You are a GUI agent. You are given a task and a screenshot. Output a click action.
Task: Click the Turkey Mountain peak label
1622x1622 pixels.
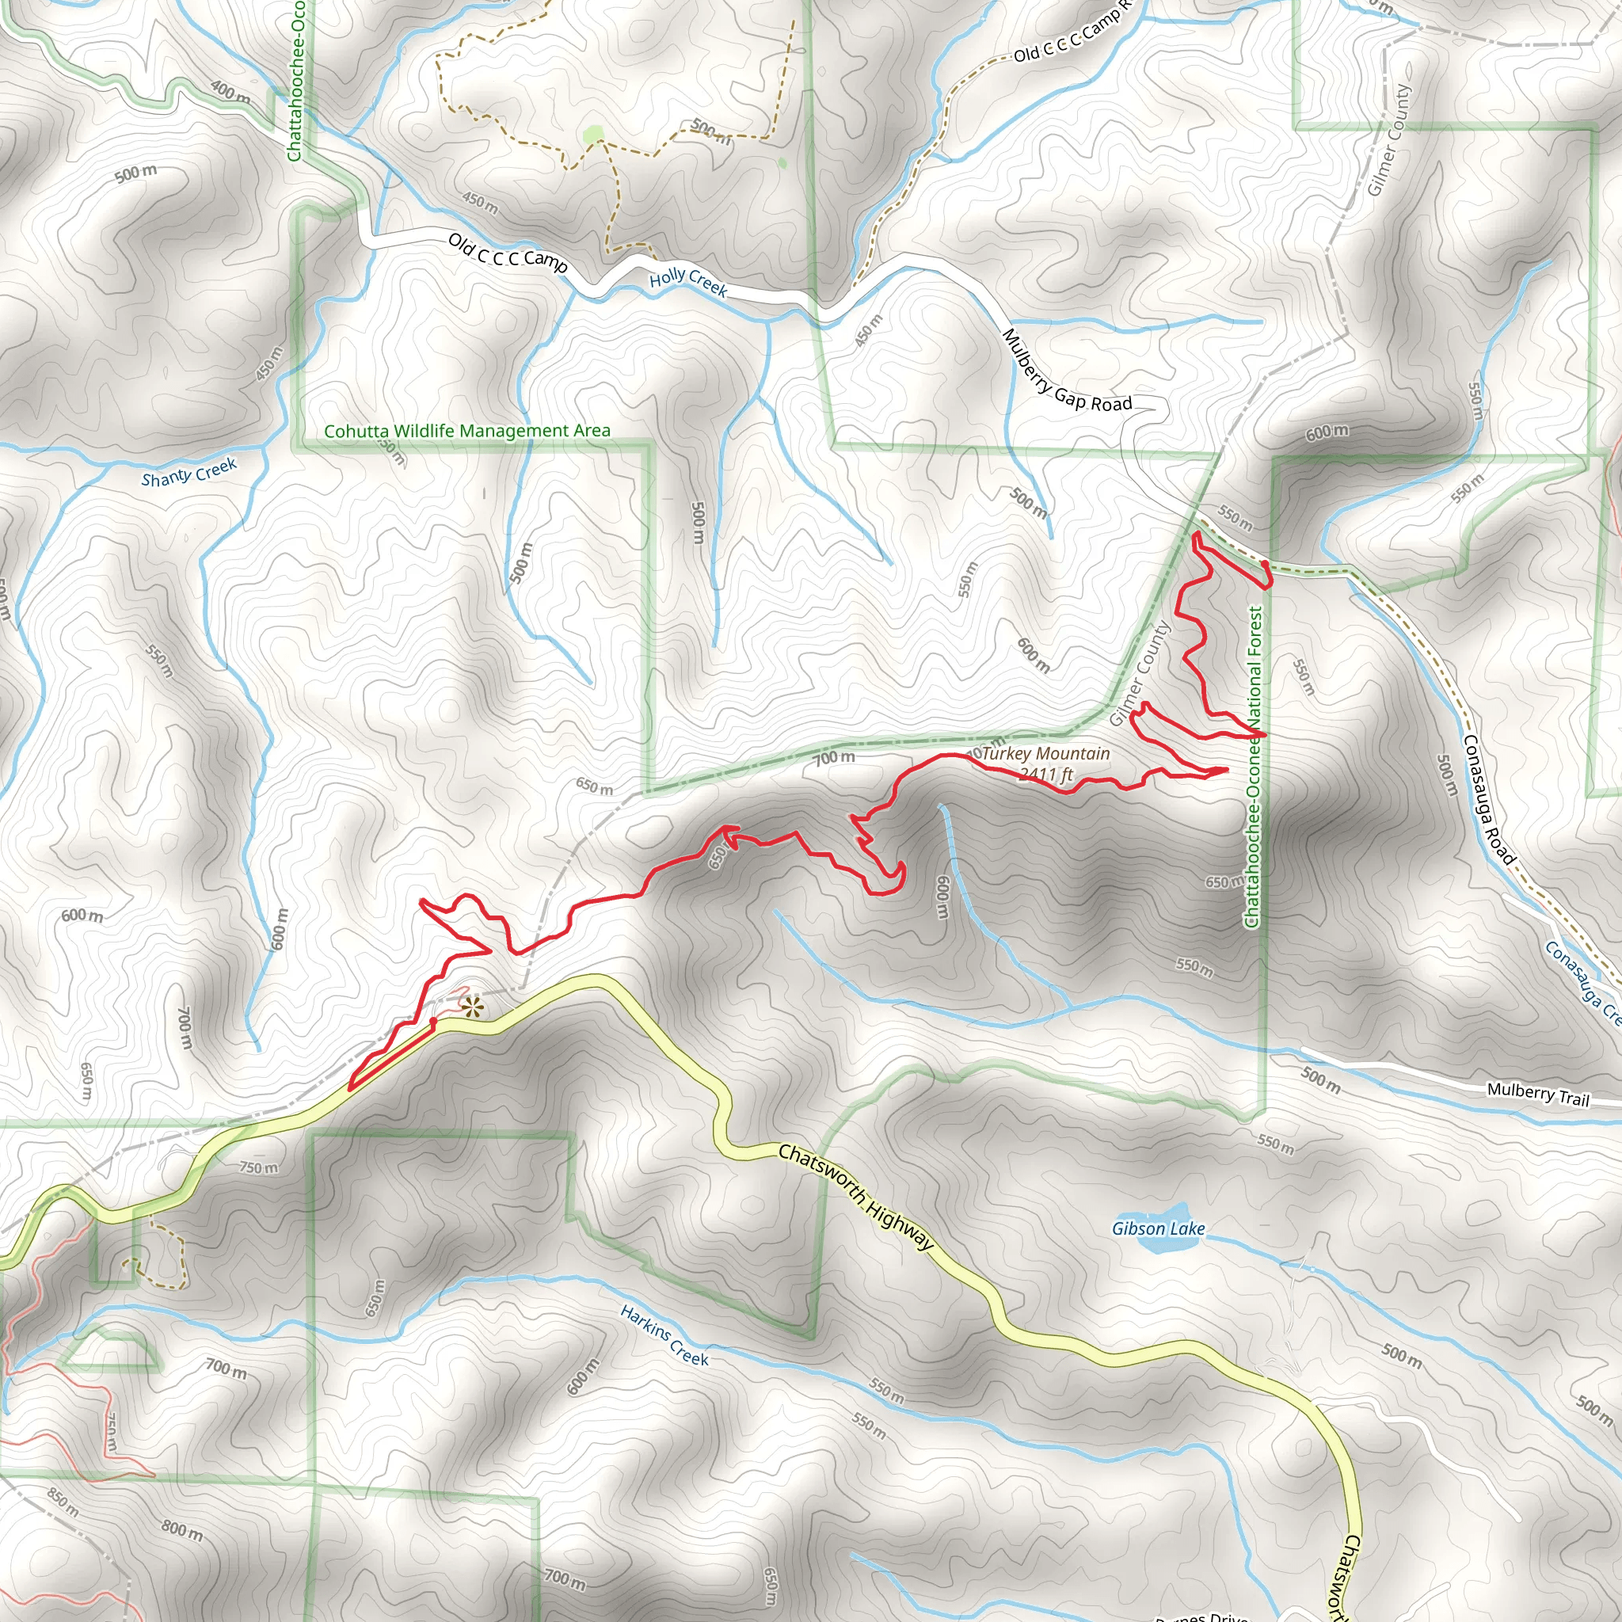1045,753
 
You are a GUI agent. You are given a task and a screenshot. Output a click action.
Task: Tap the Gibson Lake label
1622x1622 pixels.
1158,1229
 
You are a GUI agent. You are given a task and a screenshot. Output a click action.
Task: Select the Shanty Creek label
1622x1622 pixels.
189,473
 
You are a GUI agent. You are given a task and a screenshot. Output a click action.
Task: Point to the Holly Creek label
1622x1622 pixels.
688,281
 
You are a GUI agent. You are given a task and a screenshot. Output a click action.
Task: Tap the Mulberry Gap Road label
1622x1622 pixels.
1066,373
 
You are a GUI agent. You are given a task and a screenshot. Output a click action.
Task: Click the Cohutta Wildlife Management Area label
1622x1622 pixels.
466,431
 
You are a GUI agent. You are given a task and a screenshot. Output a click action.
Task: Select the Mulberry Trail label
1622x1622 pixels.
1538,1095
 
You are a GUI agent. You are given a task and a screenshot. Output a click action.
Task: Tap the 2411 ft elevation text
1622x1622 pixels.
1046,774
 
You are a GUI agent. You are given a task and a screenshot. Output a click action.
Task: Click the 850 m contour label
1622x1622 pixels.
63,1502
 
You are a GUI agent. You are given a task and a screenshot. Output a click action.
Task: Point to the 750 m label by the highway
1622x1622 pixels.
258,1167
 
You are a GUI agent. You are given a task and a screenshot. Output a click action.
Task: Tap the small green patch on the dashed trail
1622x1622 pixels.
593,134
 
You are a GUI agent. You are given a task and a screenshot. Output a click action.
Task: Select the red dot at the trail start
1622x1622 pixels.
433,1021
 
